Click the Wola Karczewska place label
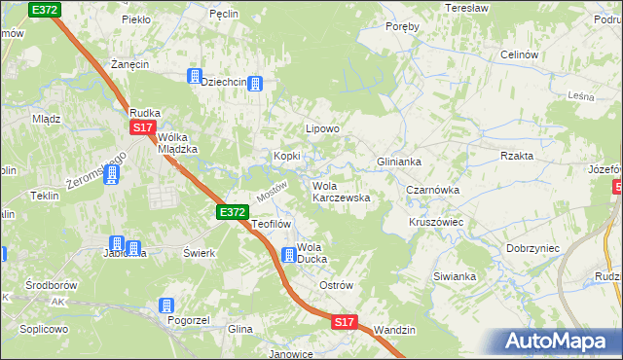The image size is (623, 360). (x=340, y=191)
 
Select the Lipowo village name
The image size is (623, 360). (x=322, y=128)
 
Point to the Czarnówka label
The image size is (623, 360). (x=432, y=191)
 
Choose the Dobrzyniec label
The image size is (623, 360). (x=532, y=248)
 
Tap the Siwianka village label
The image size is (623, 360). (x=455, y=276)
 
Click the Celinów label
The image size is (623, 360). (x=519, y=55)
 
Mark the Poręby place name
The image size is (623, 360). (x=402, y=27)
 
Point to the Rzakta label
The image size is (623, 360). (x=517, y=156)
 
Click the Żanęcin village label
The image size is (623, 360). (x=128, y=63)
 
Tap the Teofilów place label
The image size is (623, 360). (x=272, y=224)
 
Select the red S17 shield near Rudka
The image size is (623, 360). (x=143, y=127)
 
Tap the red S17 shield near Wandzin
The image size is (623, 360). (x=344, y=321)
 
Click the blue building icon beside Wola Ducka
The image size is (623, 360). (x=289, y=256)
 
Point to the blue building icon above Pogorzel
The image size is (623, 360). (x=166, y=305)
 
